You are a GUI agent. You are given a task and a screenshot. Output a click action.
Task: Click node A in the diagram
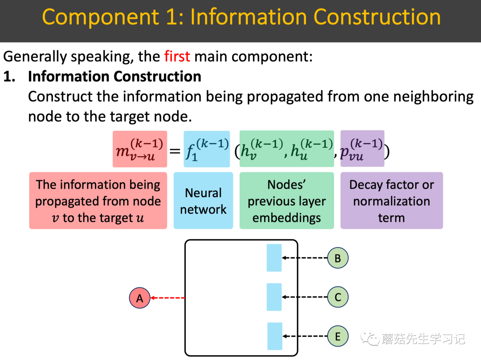pyautogui.click(x=140, y=298)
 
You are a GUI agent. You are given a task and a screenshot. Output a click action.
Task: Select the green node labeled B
pyautogui.click(x=338, y=258)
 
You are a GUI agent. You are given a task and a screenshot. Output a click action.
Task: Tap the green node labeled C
pyautogui.click(x=338, y=297)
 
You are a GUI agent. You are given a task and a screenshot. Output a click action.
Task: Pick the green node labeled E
pyautogui.click(x=338, y=336)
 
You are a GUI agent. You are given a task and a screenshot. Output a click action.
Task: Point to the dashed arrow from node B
pyautogui.click(x=305, y=258)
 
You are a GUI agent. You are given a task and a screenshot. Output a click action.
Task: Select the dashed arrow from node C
pyautogui.click(x=305, y=297)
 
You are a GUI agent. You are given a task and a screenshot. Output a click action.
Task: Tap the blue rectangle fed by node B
pyautogui.click(x=274, y=258)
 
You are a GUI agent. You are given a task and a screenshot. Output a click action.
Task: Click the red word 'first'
pyautogui.click(x=177, y=57)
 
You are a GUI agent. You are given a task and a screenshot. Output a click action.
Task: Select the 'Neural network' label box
pyautogui.click(x=203, y=201)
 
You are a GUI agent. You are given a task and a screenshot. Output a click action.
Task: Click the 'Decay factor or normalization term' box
pyautogui.click(x=391, y=201)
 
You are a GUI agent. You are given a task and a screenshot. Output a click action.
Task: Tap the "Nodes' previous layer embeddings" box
pyautogui.click(x=286, y=201)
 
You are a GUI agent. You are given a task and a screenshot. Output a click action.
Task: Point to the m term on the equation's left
pyautogui.click(x=139, y=149)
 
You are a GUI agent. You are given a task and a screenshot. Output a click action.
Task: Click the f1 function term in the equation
pyautogui.click(x=207, y=149)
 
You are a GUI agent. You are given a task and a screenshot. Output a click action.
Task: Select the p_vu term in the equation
pyautogui.click(x=362, y=149)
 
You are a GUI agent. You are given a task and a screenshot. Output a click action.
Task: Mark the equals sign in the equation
pyautogui.click(x=175, y=151)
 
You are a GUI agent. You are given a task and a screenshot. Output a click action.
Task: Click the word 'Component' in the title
pyautogui.click(x=100, y=17)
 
